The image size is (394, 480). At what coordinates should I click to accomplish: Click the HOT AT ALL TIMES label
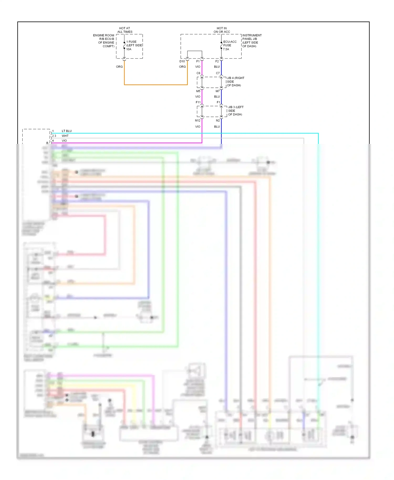coord(125,30)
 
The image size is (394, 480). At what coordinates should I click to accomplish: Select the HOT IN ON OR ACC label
coord(222,30)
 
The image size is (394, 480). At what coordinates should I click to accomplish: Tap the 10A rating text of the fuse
coord(129,49)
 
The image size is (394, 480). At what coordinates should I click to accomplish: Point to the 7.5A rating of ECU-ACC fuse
coord(226,49)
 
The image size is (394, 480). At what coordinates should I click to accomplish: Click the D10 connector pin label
coord(182,61)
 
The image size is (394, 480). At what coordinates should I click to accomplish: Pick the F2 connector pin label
coord(217,61)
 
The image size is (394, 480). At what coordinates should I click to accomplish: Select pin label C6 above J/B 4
coord(198,73)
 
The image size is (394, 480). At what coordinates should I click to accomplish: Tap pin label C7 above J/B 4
coord(218,73)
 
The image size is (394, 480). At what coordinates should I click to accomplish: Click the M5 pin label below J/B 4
coord(198,91)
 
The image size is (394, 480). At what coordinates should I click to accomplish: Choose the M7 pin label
coord(217,91)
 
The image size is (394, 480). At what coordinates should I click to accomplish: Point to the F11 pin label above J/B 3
coord(198,102)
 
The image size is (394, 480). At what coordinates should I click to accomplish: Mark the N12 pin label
coord(198,121)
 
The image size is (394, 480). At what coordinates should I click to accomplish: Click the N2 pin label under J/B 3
coord(218,121)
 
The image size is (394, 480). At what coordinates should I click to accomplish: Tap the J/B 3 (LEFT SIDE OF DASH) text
coord(236,111)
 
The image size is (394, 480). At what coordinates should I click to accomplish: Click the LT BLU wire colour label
coord(67,131)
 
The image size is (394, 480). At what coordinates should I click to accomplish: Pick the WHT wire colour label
coord(65,136)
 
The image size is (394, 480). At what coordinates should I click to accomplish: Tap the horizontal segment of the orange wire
coord(155,85)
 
